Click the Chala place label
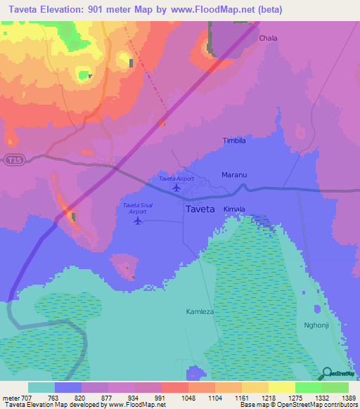point(268,38)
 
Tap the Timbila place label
point(234,141)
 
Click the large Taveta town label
point(200,209)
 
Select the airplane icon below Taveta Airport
point(176,188)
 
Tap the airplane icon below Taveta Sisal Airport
point(138,221)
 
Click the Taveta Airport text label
point(176,178)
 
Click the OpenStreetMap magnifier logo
point(328,374)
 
